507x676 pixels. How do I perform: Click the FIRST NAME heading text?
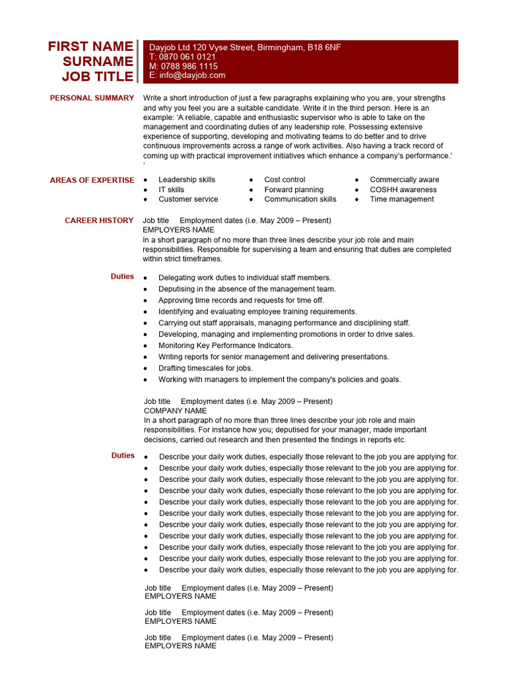(x=90, y=46)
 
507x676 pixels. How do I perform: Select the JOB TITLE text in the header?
(x=98, y=76)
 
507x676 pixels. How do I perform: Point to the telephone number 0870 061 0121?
(x=187, y=57)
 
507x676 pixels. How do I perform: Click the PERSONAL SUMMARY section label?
(x=92, y=98)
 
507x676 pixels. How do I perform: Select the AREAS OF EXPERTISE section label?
(x=92, y=180)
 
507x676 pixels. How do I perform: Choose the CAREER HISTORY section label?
(x=99, y=220)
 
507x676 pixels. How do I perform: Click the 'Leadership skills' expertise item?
(x=187, y=180)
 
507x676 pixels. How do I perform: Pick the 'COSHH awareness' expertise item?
(x=403, y=189)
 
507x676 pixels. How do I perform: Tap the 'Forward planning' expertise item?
(x=294, y=189)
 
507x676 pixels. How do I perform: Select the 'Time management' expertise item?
(x=402, y=199)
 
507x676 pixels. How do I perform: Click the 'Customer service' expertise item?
(x=188, y=199)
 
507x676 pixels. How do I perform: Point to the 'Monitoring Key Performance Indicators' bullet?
(x=225, y=345)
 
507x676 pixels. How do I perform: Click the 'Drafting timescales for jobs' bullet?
(x=205, y=368)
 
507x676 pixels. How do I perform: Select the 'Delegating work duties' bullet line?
(x=245, y=278)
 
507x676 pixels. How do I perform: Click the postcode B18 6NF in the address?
(x=324, y=48)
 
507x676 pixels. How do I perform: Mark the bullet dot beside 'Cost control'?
(x=252, y=180)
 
